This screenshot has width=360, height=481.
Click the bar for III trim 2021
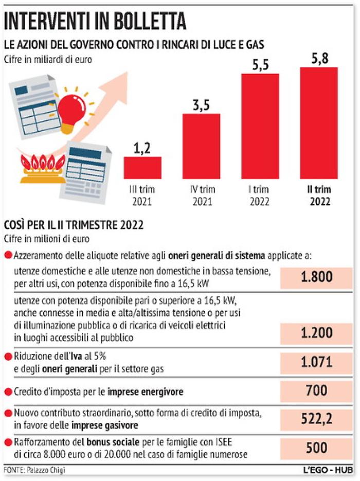pos(142,168)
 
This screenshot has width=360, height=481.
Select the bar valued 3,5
pos(201,146)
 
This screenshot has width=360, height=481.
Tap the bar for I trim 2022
pos(260,126)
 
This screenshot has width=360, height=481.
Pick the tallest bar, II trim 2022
pos(319,123)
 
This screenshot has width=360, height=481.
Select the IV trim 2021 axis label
pos(201,195)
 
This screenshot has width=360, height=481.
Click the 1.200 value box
pos(316,333)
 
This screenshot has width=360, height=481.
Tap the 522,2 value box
pos(316,420)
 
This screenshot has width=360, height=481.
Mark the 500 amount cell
pos(316,448)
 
